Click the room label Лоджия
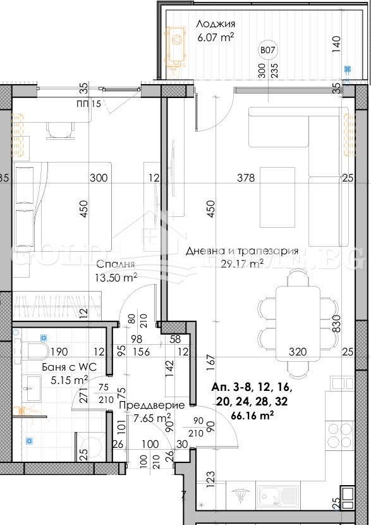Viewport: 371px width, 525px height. (x=216, y=24)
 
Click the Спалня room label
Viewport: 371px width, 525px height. (x=116, y=264)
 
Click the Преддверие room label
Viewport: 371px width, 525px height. (x=155, y=405)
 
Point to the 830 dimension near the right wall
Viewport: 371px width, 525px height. (x=336, y=324)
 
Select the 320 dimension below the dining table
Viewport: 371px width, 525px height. (x=297, y=352)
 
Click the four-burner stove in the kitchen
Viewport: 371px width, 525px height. (x=339, y=436)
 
